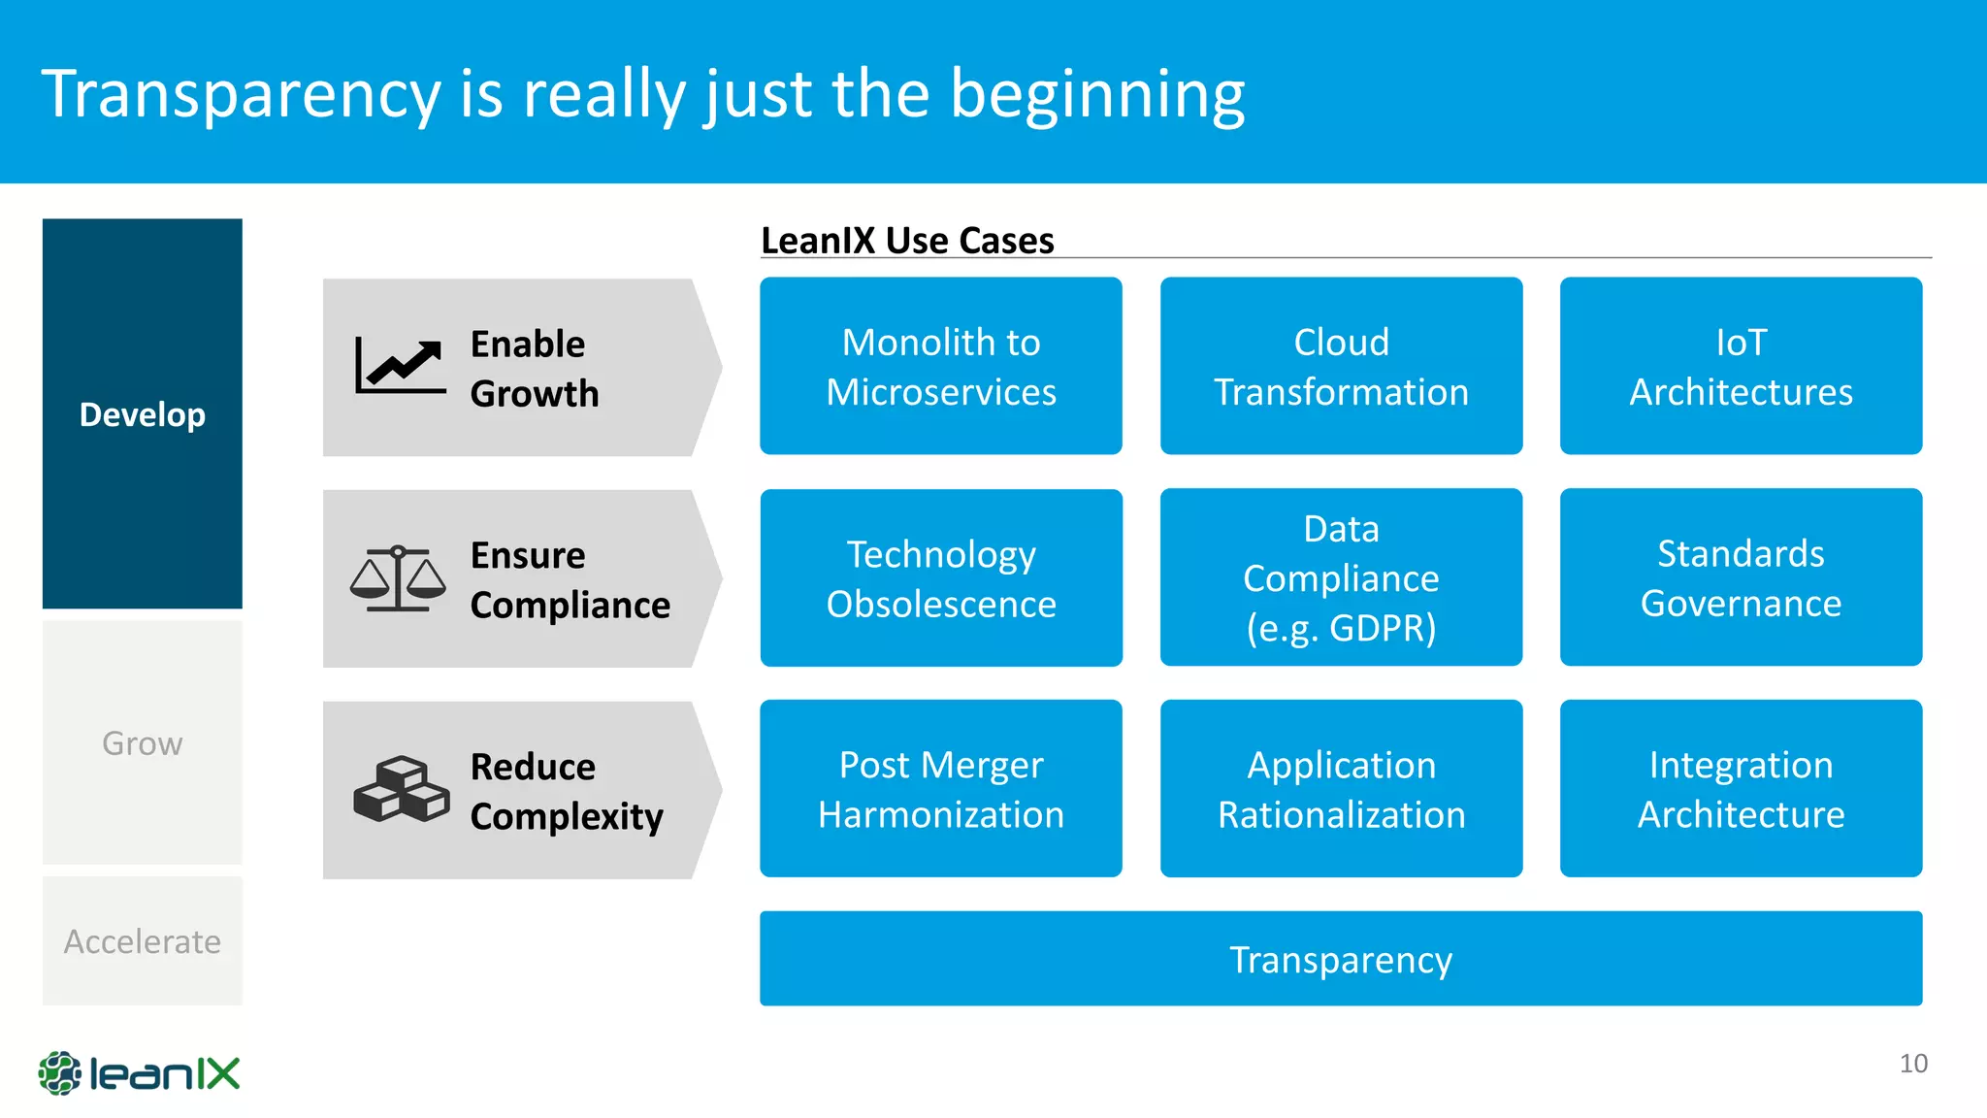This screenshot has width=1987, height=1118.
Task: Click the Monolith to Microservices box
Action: pyautogui.click(x=940, y=366)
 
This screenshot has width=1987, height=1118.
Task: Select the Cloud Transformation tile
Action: pyautogui.click(x=1341, y=366)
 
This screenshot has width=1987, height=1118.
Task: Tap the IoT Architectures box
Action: pyautogui.click(x=1741, y=366)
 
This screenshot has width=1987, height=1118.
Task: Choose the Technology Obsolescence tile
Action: pyautogui.click(x=940, y=577)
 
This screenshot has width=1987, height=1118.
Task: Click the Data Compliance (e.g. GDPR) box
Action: pyautogui.click(x=1341, y=577)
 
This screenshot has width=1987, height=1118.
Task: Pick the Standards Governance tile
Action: pyautogui.click(x=1741, y=577)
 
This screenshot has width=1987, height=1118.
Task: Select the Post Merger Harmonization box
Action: pyautogui.click(x=940, y=788)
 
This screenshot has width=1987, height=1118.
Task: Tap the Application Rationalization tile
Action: pyautogui.click(x=1341, y=788)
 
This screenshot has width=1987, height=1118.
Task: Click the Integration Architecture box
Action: pyautogui.click(x=1741, y=788)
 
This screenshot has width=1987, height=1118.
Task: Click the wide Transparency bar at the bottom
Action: pyautogui.click(x=1341, y=958)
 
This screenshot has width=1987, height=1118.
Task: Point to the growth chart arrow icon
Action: pyautogui.click(x=400, y=366)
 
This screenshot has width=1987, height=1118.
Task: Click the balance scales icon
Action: pyautogui.click(x=398, y=578)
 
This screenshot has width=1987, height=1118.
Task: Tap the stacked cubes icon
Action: pyautogui.click(x=401, y=789)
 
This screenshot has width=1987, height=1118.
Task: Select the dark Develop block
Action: pyautogui.click(x=143, y=413)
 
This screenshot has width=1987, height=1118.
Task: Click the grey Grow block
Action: pyautogui.click(x=143, y=742)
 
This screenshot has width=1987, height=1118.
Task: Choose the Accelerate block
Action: pyautogui.click(x=143, y=940)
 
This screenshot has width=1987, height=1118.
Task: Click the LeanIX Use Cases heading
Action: pyautogui.click(x=907, y=240)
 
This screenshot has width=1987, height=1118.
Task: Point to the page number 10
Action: pyautogui.click(x=1912, y=1063)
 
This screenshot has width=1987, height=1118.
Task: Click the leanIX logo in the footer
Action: pyautogui.click(x=139, y=1073)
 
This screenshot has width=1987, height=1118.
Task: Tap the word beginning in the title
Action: pyautogui.click(x=1096, y=95)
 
